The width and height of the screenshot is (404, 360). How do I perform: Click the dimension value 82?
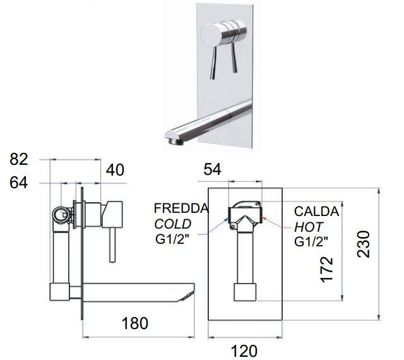point(18,159)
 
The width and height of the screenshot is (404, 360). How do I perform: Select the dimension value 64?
point(18,183)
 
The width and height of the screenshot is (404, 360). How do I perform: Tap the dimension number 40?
point(115,170)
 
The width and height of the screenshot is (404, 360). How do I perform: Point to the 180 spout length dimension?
point(134,323)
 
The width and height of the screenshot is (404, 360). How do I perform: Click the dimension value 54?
point(212,170)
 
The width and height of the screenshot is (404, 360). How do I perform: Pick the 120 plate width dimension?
point(244,351)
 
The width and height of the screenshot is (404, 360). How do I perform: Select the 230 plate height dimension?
point(364,244)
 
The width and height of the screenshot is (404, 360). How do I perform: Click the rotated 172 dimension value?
point(326,269)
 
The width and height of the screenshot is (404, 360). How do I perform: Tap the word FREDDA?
point(181,208)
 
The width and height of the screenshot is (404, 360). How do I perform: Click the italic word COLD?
point(172,224)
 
